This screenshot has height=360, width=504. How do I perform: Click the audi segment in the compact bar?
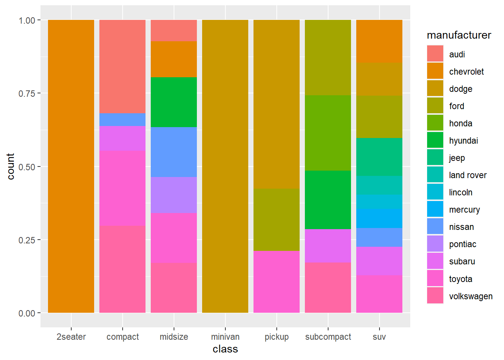(122, 66)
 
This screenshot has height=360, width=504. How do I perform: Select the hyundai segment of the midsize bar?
(174, 102)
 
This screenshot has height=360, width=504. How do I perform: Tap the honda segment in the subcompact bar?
(328, 133)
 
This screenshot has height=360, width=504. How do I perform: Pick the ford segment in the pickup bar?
(276, 220)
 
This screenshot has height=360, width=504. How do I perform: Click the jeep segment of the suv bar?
(379, 157)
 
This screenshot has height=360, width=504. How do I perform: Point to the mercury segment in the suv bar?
(379, 218)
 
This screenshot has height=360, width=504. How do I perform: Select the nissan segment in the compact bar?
(122, 120)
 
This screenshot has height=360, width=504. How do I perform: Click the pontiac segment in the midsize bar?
(174, 195)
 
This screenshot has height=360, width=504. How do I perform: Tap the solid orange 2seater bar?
(71, 166)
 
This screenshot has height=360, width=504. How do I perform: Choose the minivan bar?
(225, 166)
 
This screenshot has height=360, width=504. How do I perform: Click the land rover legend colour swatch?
(435, 175)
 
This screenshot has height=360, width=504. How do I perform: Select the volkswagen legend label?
(471, 296)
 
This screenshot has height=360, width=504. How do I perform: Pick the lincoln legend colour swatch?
(435, 192)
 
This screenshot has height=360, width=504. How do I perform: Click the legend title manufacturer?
(459, 35)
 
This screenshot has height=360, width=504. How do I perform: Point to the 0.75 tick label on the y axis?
(27, 93)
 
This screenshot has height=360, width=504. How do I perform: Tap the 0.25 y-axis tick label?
(27, 240)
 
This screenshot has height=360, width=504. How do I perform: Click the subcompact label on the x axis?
(328, 337)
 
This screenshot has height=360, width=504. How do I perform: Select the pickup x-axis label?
(276, 337)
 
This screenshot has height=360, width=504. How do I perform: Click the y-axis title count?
(10, 166)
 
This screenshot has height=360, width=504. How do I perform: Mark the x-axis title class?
(225, 349)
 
